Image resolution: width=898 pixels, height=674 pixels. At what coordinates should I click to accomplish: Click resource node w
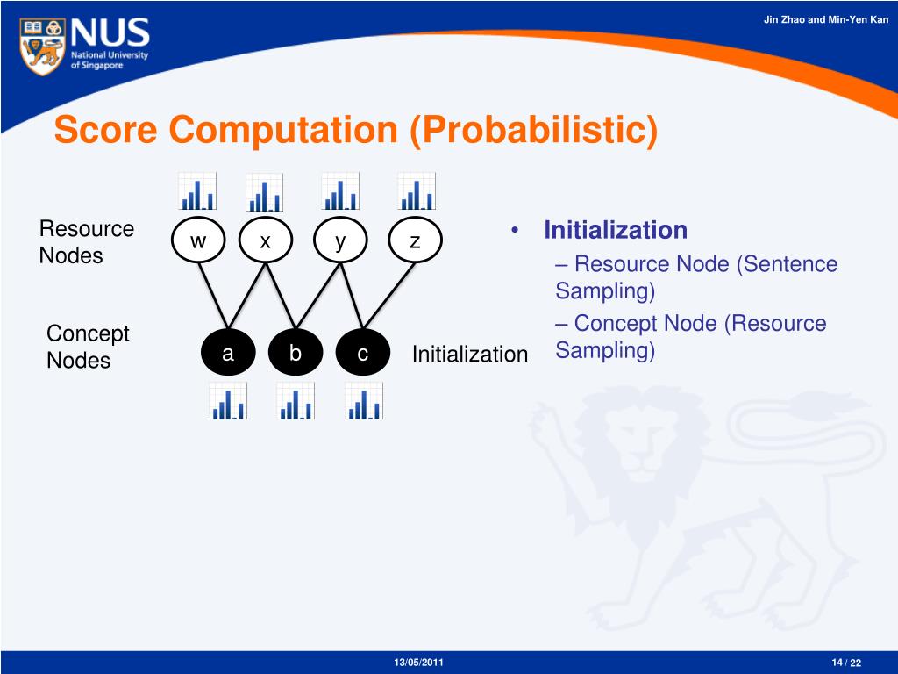[x=198, y=240]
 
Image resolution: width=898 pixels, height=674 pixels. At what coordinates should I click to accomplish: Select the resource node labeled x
[x=265, y=240]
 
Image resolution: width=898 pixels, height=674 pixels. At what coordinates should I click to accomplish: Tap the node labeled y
[x=340, y=240]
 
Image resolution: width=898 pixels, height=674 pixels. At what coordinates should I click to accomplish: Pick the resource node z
[x=415, y=240]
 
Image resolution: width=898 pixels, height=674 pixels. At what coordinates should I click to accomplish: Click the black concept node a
[x=228, y=354]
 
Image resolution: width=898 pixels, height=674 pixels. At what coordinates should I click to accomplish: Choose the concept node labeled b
[x=296, y=354]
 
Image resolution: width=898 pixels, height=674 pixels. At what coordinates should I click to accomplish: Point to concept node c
[x=362, y=354]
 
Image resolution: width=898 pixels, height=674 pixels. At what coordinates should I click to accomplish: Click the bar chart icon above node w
[x=196, y=191]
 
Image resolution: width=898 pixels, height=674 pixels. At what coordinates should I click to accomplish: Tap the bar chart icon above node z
[x=416, y=191]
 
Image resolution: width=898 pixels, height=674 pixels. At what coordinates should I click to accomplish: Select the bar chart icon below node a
[x=228, y=401]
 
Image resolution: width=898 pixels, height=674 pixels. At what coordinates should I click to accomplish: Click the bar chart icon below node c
[x=364, y=401]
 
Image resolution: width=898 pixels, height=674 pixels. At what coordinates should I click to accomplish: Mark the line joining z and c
[x=388, y=297]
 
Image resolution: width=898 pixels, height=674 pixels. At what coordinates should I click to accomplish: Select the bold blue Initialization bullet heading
[x=616, y=230]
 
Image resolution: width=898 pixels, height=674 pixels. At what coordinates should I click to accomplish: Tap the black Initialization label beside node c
[x=470, y=355]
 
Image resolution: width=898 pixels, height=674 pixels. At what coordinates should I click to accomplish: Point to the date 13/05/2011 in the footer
[x=419, y=662]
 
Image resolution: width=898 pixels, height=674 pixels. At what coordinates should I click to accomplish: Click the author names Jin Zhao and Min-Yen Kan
[x=825, y=19]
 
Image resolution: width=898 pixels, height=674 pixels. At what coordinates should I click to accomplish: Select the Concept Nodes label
[x=87, y=347]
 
